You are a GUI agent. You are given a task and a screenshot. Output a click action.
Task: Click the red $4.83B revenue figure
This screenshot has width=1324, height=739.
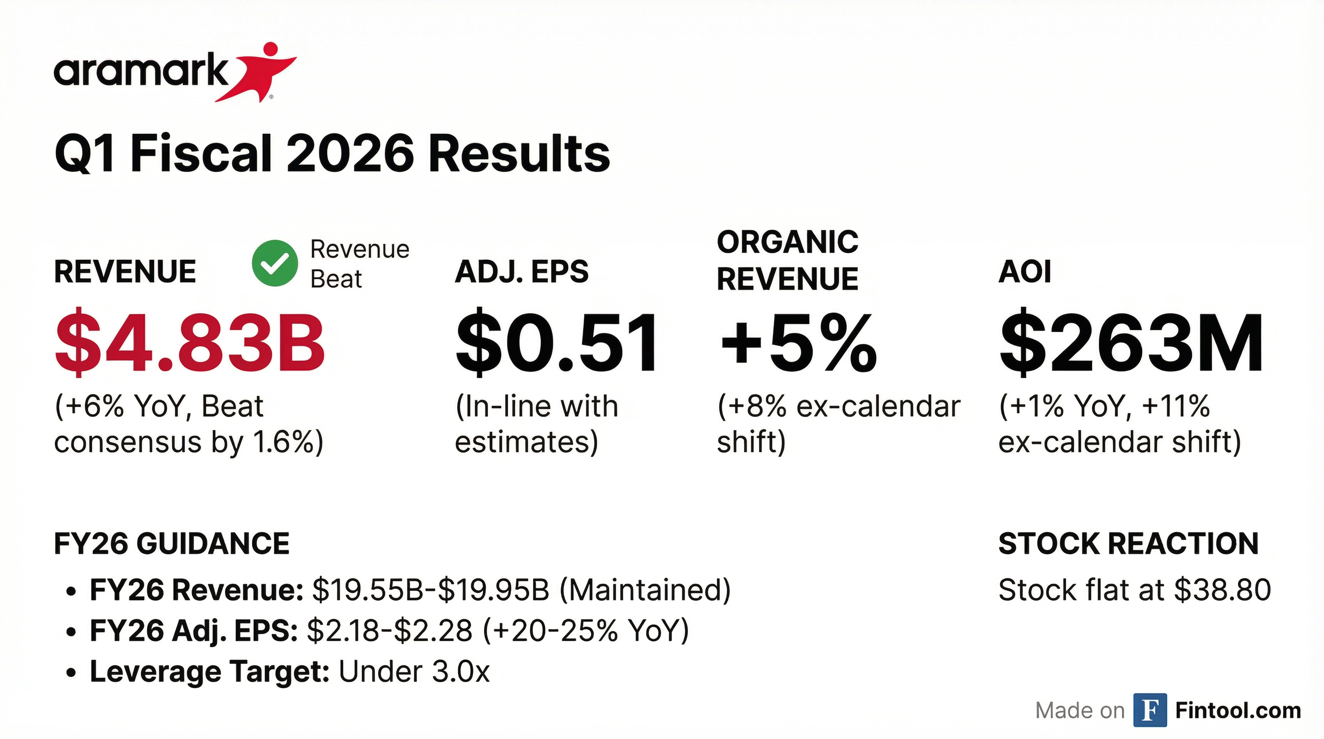tap(190, 342)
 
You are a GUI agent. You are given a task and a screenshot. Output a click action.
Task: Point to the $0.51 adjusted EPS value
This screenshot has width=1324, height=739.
tap(557, 342)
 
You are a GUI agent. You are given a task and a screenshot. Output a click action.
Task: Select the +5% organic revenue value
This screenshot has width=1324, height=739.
tap(798, 342)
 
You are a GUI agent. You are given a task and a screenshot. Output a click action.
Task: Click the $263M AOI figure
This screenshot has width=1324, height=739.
tap(1131, 342)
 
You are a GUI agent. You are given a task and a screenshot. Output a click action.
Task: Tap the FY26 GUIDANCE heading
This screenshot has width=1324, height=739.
tap(172, 544)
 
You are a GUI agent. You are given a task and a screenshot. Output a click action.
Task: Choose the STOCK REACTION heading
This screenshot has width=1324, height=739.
tap(1128, 544)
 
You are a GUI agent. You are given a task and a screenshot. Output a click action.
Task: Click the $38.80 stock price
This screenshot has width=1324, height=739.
tap(1223, 590)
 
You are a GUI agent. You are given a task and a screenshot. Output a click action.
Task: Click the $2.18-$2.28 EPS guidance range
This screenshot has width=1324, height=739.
tap(390, 631)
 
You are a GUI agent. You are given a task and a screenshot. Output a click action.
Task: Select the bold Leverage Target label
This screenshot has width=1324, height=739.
tap(210, 671)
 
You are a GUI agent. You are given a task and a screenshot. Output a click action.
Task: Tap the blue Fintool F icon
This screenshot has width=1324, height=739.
tap(1150, 710)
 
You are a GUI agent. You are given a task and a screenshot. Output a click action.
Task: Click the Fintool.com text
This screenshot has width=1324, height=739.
tap(1238, 710)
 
